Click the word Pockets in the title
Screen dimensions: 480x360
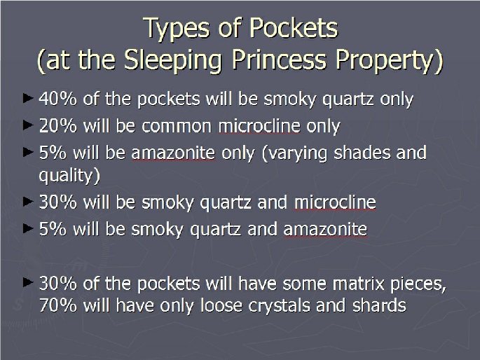294,28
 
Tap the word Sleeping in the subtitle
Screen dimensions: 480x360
172,60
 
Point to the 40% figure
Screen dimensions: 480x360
58,99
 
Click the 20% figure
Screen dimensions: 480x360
58,125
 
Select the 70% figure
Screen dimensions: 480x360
58,305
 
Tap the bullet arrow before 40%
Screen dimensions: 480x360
28,98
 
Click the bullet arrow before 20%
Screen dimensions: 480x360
28,125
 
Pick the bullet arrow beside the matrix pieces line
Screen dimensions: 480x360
28,282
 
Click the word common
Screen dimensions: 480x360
177,126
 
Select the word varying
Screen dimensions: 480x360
295,153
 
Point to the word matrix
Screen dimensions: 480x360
359,284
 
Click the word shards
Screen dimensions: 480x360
379,305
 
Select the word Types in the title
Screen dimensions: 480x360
177,29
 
